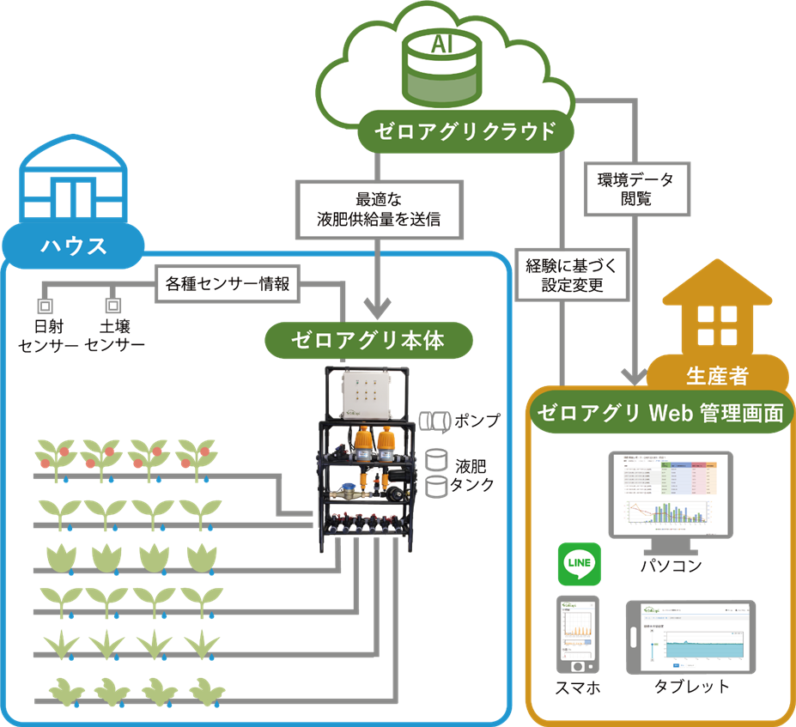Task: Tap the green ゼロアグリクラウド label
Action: pos(464,131)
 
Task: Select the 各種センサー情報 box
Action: pos(227,282)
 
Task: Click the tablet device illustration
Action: pos(693,636)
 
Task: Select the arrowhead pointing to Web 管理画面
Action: pos(635,375)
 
